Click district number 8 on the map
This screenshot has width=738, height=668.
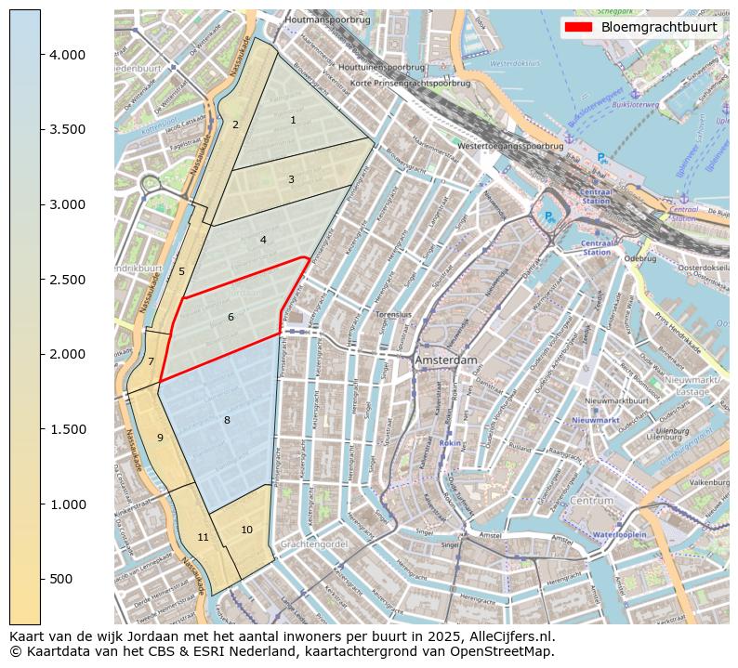[226, 421]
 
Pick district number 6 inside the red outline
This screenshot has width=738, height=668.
[231, 318]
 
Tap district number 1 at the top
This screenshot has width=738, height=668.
[293, 120]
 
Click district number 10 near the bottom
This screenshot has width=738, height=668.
[246, 530]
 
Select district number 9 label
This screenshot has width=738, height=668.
[160, 438]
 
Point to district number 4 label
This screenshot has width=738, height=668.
[263, 240]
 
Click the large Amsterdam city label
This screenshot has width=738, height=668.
[446, 360]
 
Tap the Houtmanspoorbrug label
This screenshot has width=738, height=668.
[327, 19]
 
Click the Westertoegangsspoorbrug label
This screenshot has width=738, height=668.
[510, 146]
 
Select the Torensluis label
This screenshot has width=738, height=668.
[393, 315]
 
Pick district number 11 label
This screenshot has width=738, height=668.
[203, 537]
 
